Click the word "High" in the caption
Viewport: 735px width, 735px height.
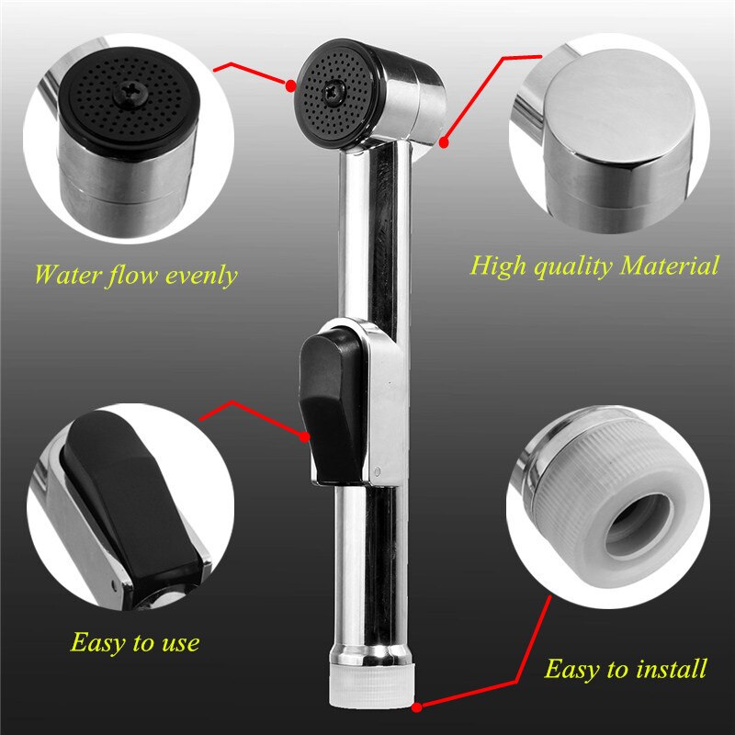point(499,266)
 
